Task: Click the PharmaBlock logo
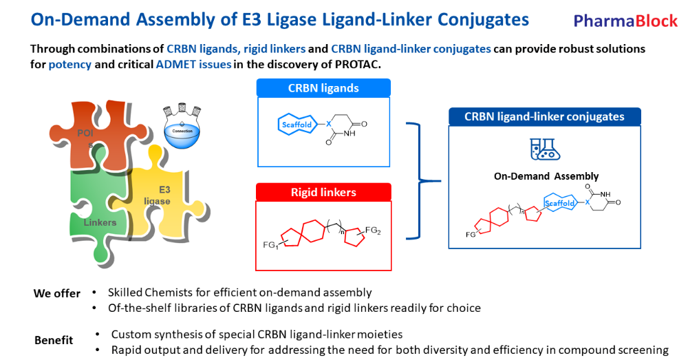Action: pyautogui.click(x=625, y=21)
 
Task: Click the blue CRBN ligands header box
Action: pyautogui.click(x=323, y=88)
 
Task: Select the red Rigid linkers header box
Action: pyautogui.click(x=323, y=192)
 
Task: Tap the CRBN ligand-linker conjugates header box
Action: pyautogui.click(x=544, y=116)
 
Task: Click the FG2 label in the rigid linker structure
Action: pyautogui.click(x=373, y=231)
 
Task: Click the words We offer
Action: pyautogui.click(x=56, y=293)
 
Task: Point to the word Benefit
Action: pyautogui.click(x=54, y=340)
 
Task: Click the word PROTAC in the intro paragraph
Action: pyautogui.click(x=355, y=64)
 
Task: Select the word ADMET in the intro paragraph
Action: pyautogui.click(x=179, y=64)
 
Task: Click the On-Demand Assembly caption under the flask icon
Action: pyautogui.click(x=546, y=176)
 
